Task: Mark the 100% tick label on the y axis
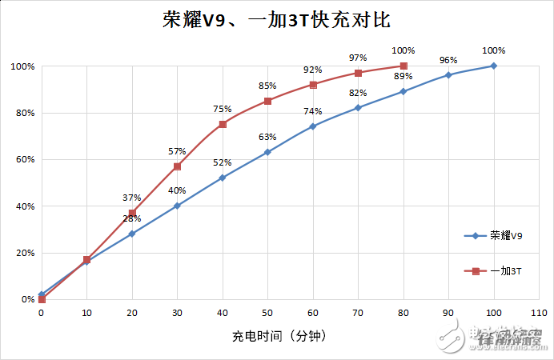[x=22, y=66]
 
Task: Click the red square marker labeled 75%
[x=223, y=124]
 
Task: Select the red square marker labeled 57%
[x=177, y=166]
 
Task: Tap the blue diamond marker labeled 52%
[x=223, y=178]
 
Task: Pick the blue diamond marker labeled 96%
[x=448, y=75]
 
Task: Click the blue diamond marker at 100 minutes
[x=494, y=66]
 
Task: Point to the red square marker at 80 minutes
[x=403, y=66]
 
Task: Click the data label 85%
[x=267, y=86]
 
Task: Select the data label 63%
[x=267, y=137]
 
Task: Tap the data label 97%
[x=358, y=58]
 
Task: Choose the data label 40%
[x=177, y=190]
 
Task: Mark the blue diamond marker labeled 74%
[x=313, y=126]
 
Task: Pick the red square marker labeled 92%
[x=313, y=85]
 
